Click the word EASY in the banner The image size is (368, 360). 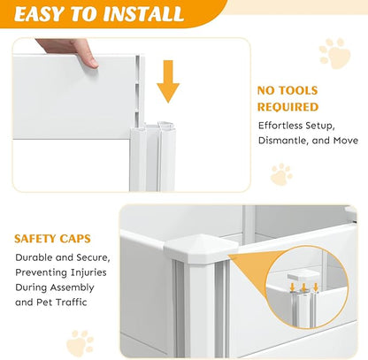tap(39, 13)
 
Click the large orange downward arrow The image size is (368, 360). tap(168, 81)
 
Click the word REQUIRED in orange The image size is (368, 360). tap(287, 107)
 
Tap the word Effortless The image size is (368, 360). tap(280, 126)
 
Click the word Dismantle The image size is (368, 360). tap(283, 141)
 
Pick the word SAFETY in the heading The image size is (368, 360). tap(34, 239)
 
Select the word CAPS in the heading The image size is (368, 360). tap(75, 239)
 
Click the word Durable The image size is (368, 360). tap(34, 257)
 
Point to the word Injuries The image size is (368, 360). tap(88, 272)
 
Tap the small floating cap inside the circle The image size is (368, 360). tap(302, 276)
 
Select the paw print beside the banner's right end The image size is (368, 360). tap(335, 53)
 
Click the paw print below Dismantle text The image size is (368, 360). tap(281, 174)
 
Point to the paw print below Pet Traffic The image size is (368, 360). tap(80, 343)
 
